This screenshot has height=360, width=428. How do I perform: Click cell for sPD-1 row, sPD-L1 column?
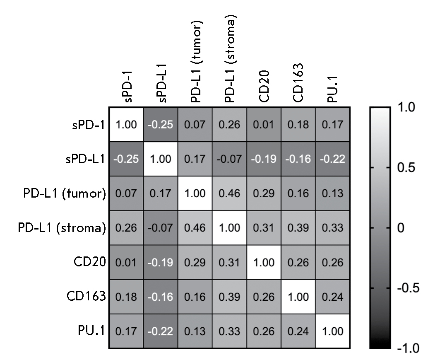coord(161,125)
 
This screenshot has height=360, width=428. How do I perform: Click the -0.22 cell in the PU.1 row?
coord(161,331)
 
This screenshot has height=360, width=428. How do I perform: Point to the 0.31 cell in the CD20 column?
coord(264,228)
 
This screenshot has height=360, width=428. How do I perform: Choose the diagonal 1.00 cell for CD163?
coord(298,297)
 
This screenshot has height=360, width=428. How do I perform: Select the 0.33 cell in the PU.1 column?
coord(332,228)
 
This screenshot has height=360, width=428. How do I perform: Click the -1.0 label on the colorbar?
coord(407,347)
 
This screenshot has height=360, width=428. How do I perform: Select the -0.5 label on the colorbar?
coord(407,288)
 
